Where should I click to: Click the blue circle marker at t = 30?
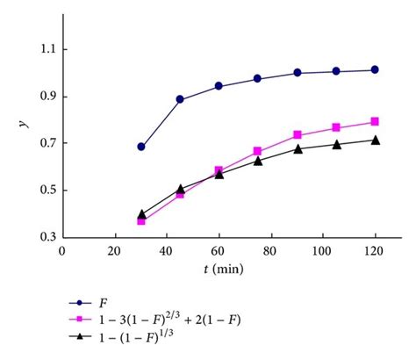tap(140, 147)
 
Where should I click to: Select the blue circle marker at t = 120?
tap(375, 69)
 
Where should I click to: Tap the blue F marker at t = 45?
tap(180, 99)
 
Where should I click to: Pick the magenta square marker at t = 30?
tap(140, 220)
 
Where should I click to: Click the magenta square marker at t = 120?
tap(375, 121)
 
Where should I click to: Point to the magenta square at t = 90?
tap(297, 134)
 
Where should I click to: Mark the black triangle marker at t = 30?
tap(140, 213)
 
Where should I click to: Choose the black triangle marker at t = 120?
tap(375, 140)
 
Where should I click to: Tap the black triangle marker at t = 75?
tap(258, 160)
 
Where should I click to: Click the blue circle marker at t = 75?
tap(258, 78)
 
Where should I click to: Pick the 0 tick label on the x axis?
tap(62, 250)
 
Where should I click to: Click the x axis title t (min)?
tap(220, 269)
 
